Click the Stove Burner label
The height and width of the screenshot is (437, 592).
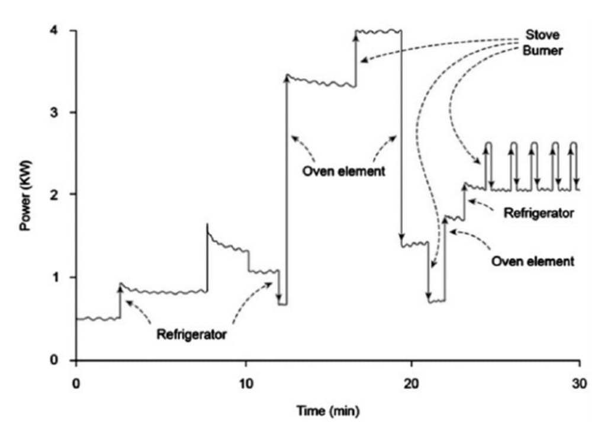click(542, 43)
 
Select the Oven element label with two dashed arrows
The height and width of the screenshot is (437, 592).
click(343, 171)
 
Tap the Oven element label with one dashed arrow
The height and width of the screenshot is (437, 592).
click(532, 261)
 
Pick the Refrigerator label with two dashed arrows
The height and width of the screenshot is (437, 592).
click(191, 335)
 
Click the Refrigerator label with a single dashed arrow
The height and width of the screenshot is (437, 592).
click(539, 213)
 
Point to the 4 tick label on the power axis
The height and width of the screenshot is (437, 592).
click(54, 30)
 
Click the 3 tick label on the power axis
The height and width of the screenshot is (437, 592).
click(54, 113)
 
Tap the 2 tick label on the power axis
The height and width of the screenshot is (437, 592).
click(54, 194)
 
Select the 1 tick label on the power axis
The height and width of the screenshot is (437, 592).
click(54, 277)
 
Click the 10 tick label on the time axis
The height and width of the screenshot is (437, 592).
click(246, 384)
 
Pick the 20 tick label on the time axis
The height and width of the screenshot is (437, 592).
click(411, 384)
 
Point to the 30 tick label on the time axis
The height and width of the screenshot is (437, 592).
click(580, 384)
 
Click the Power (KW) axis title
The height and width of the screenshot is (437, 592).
click(25, 195)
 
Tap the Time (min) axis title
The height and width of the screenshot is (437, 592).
click(328, 410)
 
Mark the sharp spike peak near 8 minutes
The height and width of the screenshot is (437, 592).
click(207, 224)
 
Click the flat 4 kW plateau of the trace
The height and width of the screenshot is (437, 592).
click(378, 31)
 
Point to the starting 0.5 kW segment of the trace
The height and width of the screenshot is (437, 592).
click(98, 319)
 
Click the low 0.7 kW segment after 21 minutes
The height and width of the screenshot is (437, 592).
click(437, 301)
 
